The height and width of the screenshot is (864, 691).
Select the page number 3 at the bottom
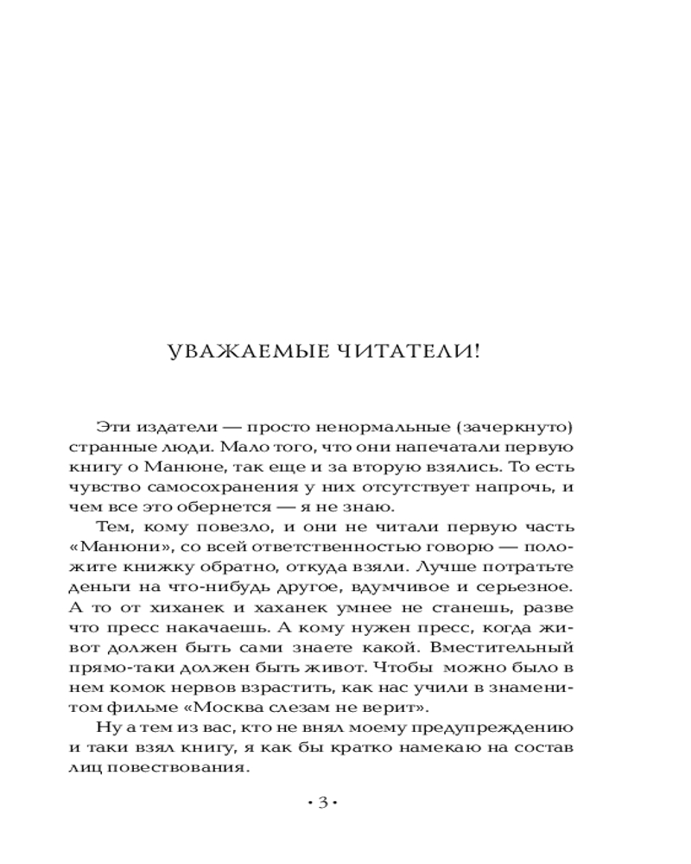[322, 803]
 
